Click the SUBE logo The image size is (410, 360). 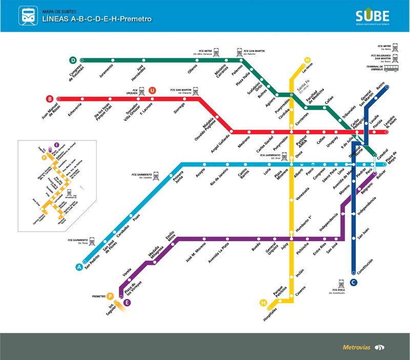point(372,15)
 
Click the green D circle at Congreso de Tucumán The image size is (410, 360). point(73,60)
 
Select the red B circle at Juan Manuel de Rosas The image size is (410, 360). point(50,98)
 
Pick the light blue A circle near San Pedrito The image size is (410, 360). point(79,266)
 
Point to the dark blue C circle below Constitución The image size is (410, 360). point(353,282)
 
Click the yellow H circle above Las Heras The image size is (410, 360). point(307,59)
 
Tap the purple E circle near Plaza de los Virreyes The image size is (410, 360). point(128,303)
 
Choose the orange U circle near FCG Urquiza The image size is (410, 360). point(152,91)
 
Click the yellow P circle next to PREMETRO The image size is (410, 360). point(110,296)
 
